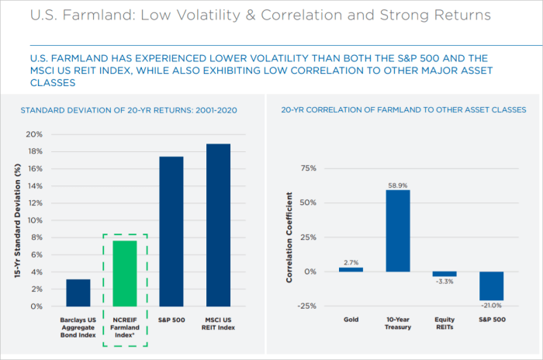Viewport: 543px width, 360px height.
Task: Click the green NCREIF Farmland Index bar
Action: pos(125,273)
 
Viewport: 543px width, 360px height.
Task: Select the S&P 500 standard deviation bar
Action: pos(171,231)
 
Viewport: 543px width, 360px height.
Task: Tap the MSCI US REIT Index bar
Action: pos(218,225)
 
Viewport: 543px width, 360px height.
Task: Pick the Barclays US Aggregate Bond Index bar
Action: pos(78,292)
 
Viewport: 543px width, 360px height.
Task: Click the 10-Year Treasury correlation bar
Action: pos(398,231)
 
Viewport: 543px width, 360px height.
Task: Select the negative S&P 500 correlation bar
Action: pos(493,286)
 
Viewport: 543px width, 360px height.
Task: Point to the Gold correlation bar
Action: pos(351,269)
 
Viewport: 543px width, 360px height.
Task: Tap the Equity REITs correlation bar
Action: pos(444,274)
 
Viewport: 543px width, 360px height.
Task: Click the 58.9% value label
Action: pos(398,185)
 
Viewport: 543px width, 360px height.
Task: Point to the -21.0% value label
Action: pos(493,306)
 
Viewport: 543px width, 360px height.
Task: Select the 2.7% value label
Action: pos(351,262)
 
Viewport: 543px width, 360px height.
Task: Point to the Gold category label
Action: pos(351,320)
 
